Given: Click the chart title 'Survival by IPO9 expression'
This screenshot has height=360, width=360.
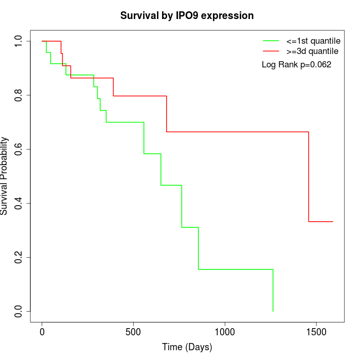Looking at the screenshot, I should point(187,15).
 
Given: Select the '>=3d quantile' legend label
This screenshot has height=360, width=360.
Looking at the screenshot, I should point(312,51).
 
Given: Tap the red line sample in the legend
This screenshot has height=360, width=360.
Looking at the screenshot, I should point(271,51).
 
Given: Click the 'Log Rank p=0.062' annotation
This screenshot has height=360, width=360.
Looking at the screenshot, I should point(296,65).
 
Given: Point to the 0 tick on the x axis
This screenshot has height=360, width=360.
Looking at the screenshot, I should point(42,332).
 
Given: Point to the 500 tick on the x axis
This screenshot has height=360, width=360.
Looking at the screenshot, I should point(133,332).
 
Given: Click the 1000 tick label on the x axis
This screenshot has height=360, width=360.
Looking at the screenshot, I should point(225,332).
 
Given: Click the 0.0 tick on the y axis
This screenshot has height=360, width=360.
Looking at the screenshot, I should point(19,311).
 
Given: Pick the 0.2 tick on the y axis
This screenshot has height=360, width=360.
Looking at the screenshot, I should point(19,257).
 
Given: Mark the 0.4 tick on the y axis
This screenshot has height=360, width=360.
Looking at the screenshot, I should point(19,203).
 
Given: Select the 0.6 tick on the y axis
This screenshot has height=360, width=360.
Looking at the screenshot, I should point(19,149).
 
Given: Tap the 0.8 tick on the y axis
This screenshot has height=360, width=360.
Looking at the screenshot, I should point(19,95).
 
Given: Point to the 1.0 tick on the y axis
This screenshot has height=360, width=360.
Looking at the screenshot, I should point(19,41).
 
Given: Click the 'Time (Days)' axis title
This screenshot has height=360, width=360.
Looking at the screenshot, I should point(187,348).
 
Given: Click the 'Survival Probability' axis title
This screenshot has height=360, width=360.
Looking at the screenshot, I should point(5,176).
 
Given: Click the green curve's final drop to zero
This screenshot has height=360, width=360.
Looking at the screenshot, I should point(273,291).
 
